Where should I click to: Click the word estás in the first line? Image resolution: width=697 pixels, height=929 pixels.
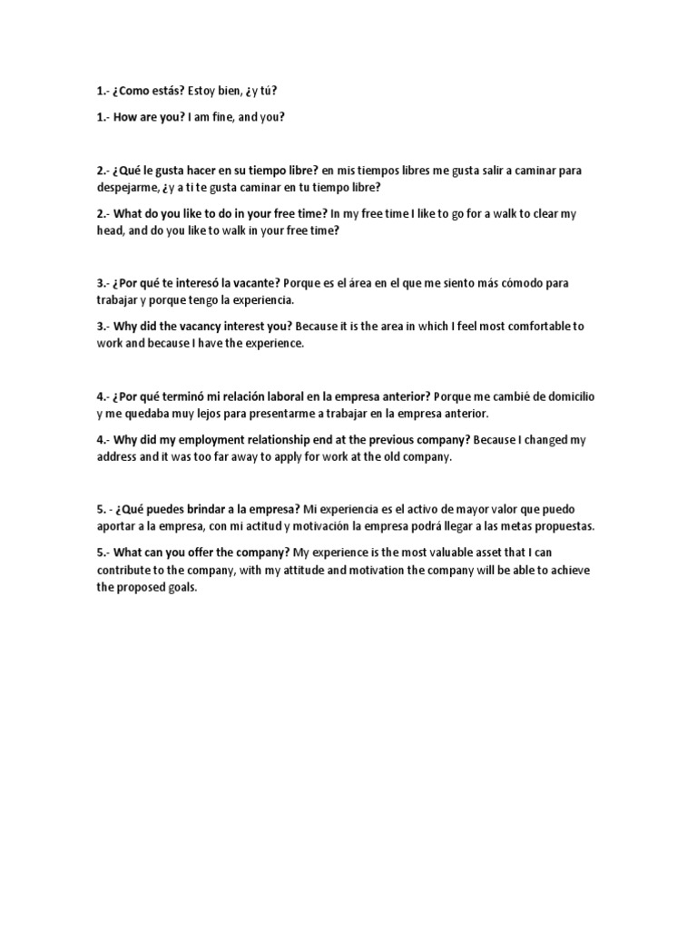pos(175,91)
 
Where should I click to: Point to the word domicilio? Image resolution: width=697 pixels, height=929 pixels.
pos(569,396)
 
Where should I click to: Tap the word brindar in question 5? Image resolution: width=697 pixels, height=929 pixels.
pos(214,509)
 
